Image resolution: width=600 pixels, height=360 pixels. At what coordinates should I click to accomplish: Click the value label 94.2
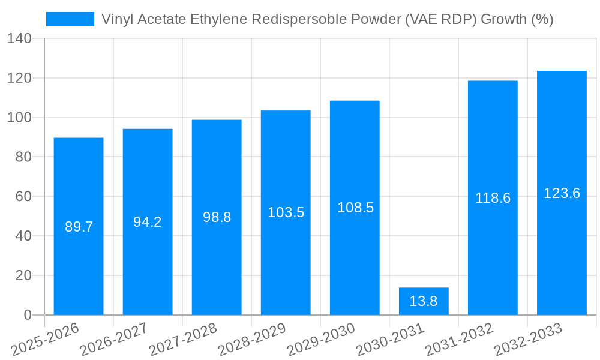point(148,222)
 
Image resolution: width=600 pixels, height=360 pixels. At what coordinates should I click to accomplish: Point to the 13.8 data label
point(424,301)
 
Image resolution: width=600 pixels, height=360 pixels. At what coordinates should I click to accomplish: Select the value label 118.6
point(493,198)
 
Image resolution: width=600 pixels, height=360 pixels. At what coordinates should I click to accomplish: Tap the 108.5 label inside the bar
point(355,208)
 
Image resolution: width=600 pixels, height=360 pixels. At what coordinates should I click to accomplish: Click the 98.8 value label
point(217,217)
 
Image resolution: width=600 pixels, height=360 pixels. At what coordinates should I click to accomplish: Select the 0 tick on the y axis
point(28,315)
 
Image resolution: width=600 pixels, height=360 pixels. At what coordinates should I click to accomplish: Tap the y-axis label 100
point(20,118)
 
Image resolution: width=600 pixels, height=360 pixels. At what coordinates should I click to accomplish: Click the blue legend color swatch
point(70,20)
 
